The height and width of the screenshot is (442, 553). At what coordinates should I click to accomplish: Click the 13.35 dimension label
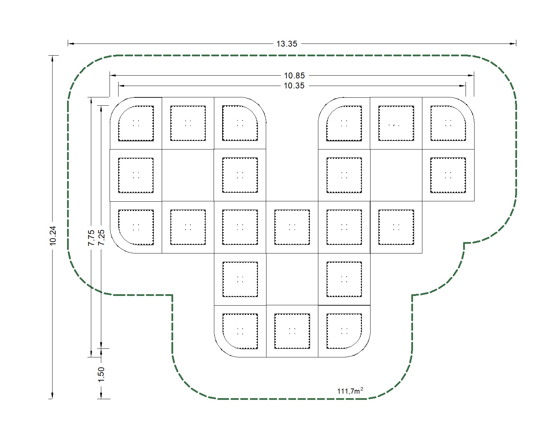click(x=287, y=44)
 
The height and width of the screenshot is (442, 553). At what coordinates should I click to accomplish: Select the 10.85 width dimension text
click(x=294, y=76)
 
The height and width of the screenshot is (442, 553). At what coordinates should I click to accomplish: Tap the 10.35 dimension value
click(x=294, y=86)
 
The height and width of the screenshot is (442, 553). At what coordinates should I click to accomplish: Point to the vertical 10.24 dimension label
click(x=53, y=236)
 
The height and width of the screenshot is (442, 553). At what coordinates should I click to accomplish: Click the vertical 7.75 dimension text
click(x=91, y=238)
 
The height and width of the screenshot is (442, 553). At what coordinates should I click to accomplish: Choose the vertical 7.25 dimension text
click(x=102, y=237)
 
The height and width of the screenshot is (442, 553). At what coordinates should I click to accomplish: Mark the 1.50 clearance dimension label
click(x=101, y=374)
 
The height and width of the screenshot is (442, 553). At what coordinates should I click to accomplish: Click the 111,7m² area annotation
click(x=350, y=391)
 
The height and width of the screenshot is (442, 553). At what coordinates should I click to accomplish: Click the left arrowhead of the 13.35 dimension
click(x=71, y=44)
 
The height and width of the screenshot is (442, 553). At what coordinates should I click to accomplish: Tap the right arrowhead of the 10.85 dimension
click(x=470, y=76)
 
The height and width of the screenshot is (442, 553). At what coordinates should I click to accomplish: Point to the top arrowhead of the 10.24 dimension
click(x=53, y=59)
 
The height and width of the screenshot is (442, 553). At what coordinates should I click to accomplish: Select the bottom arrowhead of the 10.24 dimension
click(x=53, y=395)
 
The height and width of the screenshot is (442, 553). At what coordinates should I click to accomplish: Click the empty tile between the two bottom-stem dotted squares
click(x=292, y=279)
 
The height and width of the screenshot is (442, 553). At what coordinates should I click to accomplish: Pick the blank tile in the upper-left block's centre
click(x=188, y=175)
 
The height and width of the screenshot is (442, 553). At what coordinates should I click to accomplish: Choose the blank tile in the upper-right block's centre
click(x=396, y=175)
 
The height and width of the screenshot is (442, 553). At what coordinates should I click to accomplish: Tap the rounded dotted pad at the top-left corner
click(x=136, y=123)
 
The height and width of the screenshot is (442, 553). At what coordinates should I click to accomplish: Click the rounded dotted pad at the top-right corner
click(x=448, y=123)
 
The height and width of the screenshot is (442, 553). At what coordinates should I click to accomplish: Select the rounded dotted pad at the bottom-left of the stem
click(x=240, y=331)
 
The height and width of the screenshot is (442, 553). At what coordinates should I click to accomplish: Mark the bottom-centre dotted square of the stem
click(x=292, y=331)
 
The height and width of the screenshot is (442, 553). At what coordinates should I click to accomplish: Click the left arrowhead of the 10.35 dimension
click(x=122, y=86)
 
